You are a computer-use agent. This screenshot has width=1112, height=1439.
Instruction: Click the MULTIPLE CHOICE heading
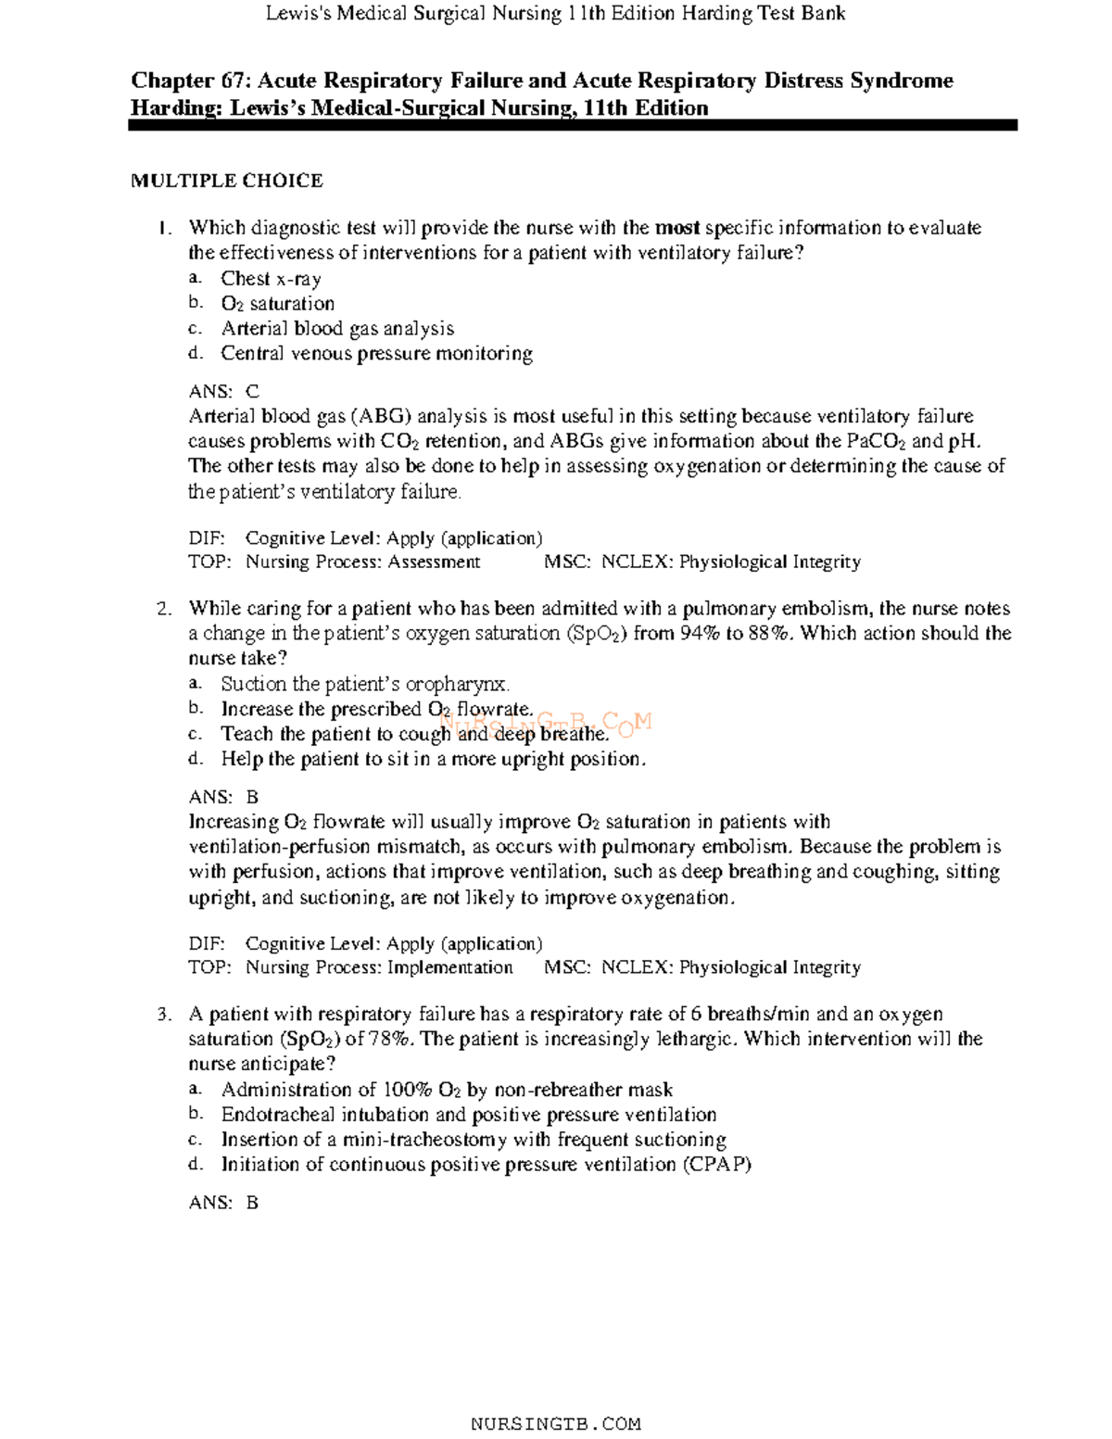point(226,181)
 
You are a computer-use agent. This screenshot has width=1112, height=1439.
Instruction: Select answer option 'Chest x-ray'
point(271,278)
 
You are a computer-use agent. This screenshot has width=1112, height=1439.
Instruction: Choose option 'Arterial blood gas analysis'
point(337,328)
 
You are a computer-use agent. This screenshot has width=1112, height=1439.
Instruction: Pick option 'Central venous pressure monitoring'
point(376,353)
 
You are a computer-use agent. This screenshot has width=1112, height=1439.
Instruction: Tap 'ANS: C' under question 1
point(224,391)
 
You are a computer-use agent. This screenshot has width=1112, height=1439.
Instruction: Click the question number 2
point(164,609)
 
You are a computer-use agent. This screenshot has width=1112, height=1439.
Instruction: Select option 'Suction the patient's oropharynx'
point(365,684)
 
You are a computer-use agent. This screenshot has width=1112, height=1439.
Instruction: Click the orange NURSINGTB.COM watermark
point(547,723)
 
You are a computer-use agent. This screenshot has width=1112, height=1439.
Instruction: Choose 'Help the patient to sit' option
point(433,759)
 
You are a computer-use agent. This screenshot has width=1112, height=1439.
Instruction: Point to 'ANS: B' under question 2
point(223,797)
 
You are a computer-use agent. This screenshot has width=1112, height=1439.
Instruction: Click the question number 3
point(164,1015)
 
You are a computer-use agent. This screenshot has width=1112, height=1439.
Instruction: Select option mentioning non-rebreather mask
point(447,1090)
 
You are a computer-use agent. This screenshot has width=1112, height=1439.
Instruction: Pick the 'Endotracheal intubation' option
point(468,1115)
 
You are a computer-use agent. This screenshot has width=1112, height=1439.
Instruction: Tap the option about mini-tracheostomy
point(473,1140)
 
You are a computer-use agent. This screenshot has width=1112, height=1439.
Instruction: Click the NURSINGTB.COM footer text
point(556,1423)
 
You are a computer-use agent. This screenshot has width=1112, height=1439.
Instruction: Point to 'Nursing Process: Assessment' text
point(362,562)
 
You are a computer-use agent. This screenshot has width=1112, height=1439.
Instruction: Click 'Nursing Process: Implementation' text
point(379,967)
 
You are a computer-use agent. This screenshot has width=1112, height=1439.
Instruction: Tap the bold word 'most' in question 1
point(677,228)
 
